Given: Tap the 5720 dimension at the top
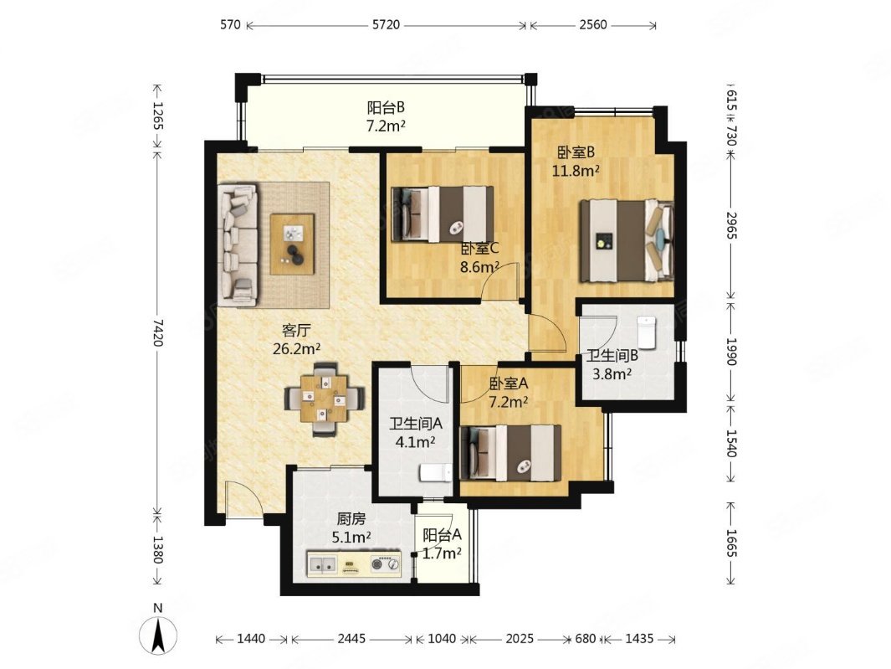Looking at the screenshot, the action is (x=386, y=25).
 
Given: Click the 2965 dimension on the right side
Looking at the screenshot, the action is (x=731, y=225).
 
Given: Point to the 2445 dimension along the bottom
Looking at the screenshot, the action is (x=351, y=639).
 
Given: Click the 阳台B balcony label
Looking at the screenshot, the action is (x=386, y=107).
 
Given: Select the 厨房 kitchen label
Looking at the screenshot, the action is (x=351, y=519).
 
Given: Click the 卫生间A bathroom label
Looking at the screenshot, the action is (x=416, y=424).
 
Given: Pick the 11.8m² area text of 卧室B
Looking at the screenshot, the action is (x=576, y=170).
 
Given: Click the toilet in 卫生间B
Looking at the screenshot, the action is (x=647, y=332).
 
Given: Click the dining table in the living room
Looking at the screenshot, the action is (x=325, y=399).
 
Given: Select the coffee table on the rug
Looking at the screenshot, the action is (x=292, y=244).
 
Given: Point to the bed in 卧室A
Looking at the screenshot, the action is (x=510, y=453).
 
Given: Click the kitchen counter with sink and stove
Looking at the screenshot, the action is (x=354, y=564).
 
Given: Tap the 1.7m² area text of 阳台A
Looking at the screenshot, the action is (x=442, y=553).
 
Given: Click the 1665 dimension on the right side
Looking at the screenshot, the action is (x=731, y=544).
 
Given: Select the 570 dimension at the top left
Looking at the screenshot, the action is (x=230, y=25).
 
